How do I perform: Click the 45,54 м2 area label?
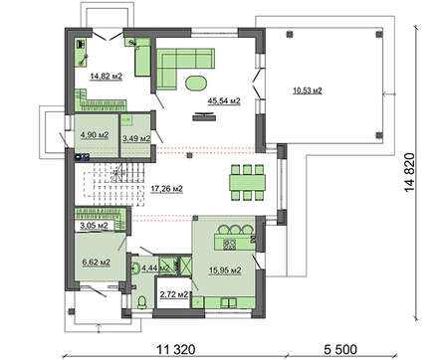[x=224, y=100]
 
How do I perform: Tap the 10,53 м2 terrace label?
[x=308, y=90]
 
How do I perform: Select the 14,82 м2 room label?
[x=107, y=77]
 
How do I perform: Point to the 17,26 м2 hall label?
[x=167, y=189]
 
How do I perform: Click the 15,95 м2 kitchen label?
[x=225, y=270]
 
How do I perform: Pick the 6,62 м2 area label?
[x=97, y=263]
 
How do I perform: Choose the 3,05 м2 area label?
[x=94, y=226]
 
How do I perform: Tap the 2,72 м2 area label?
[x=174, y=294]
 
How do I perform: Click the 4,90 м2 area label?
[x=95, y=135]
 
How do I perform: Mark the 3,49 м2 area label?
[x=136, y=139]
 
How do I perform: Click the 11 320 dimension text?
[x=176, y=349]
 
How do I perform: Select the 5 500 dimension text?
[x=340, y=349]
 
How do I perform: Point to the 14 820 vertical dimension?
[x=409, y=172]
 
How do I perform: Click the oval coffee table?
[x=196, y=83]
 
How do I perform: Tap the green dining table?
[x=247, y=182]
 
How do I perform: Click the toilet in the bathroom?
[x=141, y=301]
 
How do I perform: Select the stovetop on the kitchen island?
[x=229, y=245]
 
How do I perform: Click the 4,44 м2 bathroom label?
[x=155, y=268]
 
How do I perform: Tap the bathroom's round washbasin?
[x=135, y=269]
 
